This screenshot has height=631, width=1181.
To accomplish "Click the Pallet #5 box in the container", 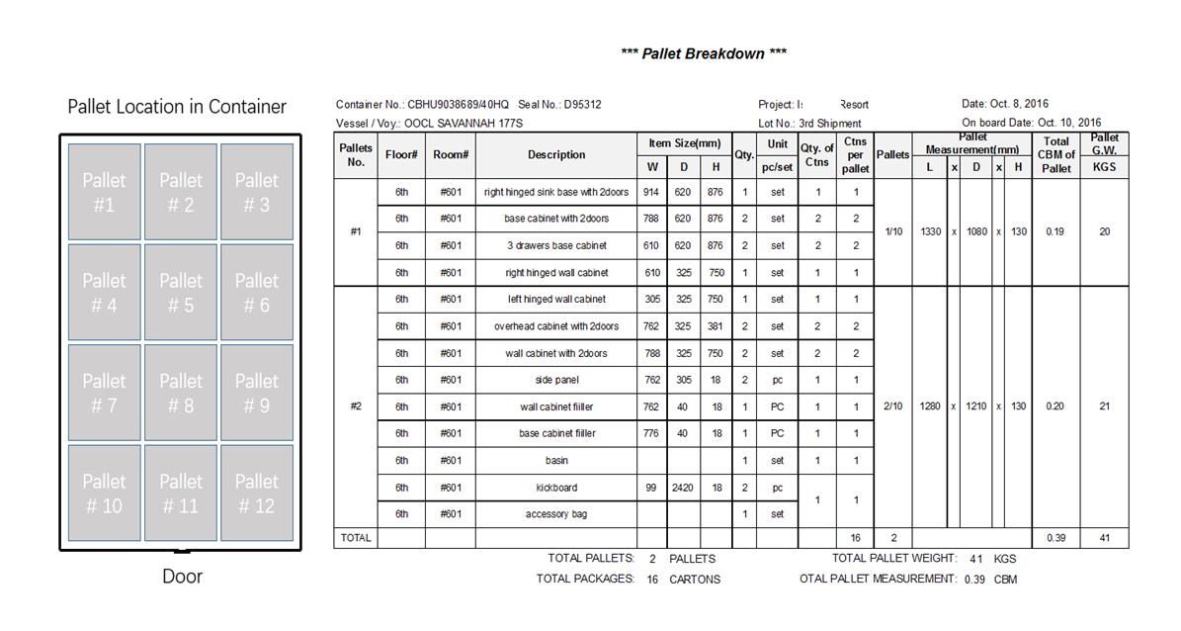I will (181, 293).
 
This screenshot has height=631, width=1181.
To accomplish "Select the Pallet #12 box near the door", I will (257, 493).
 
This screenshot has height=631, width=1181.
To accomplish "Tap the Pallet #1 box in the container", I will (105, 192).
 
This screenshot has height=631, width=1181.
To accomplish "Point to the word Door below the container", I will (182, 577).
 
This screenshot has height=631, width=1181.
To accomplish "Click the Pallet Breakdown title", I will (704, 53).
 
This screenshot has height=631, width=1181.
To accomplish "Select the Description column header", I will (556, 155).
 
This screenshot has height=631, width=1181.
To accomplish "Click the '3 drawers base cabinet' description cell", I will (556, 245).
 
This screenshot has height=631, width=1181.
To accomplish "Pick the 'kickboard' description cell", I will (556, 488).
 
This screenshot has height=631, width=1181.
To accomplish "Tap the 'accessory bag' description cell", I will (556, 514).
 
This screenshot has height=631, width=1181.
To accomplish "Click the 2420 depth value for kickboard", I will (683, 488).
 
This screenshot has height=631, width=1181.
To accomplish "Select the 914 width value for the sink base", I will (651, 192).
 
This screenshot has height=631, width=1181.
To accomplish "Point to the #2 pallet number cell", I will (356, 406).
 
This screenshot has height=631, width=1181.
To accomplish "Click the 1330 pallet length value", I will (930, 231).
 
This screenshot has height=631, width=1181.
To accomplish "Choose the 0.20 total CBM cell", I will (1055, 406).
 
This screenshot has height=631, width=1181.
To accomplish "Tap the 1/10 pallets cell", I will (892, 231).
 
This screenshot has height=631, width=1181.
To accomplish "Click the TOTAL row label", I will (356, 538).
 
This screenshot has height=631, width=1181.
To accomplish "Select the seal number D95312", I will (582, 105).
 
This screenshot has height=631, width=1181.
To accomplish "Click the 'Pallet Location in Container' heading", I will (177, 107).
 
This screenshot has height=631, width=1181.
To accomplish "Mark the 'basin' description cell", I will (556, 461).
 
